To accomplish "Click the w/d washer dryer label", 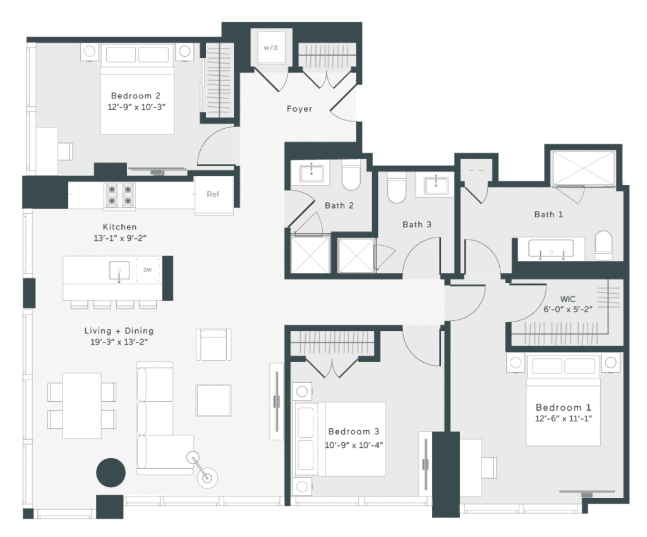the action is (270, 47).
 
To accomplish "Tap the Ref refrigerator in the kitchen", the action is (214, 194).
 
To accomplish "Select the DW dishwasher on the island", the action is (147, 270).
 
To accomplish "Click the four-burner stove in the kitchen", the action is (119, 195).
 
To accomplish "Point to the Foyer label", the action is (299, 109).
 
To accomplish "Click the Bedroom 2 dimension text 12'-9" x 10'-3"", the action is (136, 107).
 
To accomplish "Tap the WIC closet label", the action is (568, 299).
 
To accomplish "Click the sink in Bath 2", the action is (311, 172).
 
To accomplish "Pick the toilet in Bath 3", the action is (397, 188).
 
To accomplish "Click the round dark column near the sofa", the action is (111, 473).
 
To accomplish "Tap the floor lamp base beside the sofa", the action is (207, 478).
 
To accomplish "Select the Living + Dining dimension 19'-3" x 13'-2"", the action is (119, 342).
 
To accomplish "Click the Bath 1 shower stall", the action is (583, 168).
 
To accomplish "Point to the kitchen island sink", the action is (119, 270).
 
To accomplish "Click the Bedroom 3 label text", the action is (354, 431).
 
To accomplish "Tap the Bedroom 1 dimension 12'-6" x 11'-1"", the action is (564, 419).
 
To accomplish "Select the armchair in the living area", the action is (214, 345).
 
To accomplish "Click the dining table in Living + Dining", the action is (82, 406).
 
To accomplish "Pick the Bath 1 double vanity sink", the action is (551, 250).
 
